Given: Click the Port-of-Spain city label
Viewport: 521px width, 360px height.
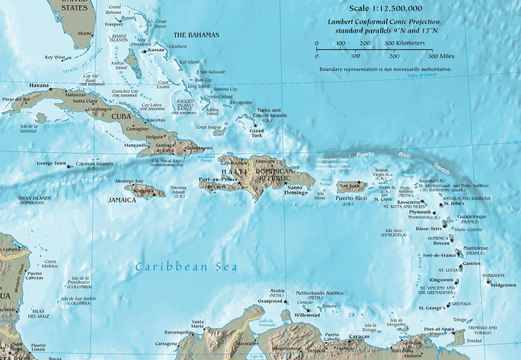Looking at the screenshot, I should (438, 329).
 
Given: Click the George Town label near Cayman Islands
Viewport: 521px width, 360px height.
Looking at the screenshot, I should (52, 163).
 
